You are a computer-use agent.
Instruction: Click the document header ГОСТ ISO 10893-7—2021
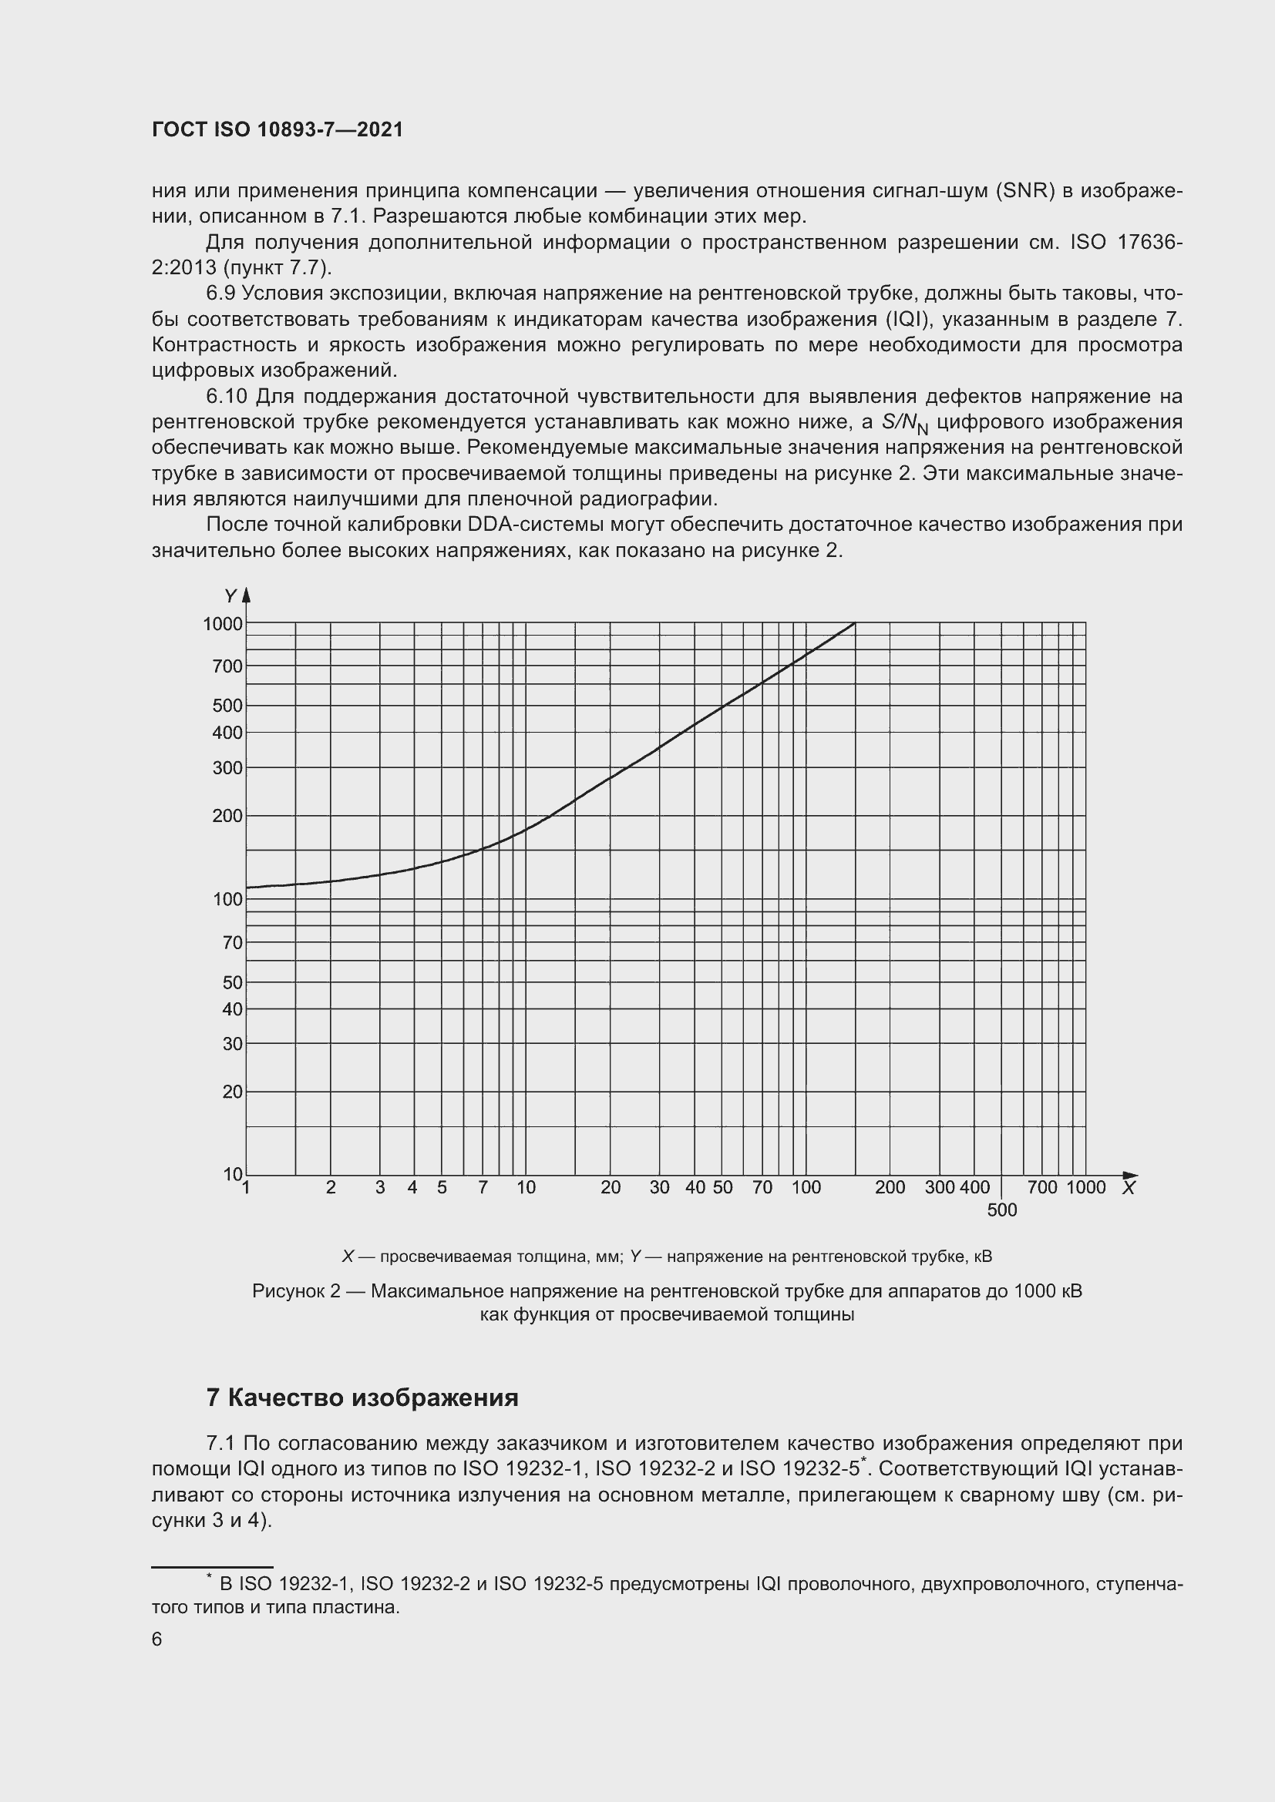tap(278, 130)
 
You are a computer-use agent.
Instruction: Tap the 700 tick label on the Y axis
tap(227, 666)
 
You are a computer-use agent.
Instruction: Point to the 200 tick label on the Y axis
tap(227, 816)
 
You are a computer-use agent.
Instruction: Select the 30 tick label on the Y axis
tap(232, 1044)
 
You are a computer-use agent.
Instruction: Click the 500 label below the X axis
tap(1002, 1210)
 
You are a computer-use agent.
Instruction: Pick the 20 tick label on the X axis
tap(610, 1187)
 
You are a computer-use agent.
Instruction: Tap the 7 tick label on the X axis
tap(483, 1187)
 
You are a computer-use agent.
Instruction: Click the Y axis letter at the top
tap(230, 597)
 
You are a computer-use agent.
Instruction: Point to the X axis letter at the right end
tap(1129, 1188)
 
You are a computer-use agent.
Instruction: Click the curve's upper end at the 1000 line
tap(854, 623)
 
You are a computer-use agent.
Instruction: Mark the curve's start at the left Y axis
tap(247, 888)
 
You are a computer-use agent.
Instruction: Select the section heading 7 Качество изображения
tap(362, 1398)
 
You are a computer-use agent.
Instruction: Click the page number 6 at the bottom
tap(157, 1639)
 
